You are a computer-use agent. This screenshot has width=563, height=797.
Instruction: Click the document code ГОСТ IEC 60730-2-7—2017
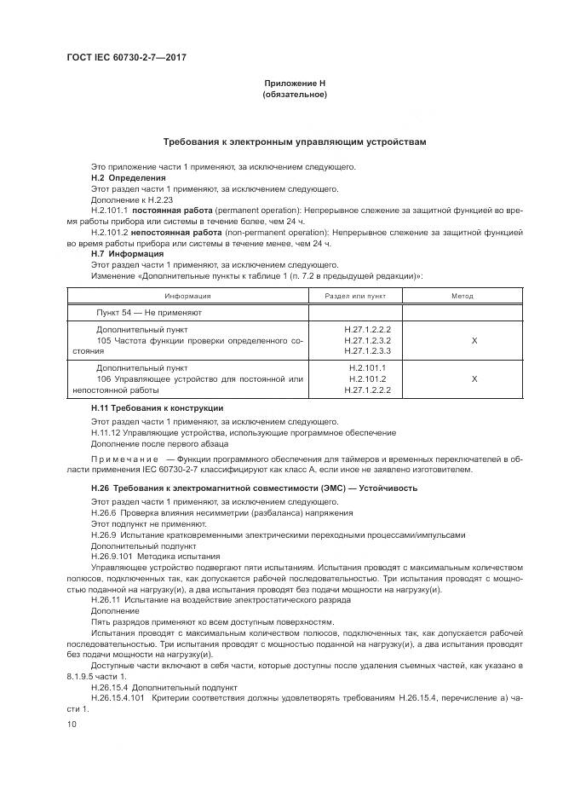click(125, 57)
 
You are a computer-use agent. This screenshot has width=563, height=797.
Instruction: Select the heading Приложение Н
click(294, 84)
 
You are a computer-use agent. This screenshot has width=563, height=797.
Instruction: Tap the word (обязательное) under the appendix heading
click(294, 95)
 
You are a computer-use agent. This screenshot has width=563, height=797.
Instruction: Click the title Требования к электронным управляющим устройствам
click(294, 141)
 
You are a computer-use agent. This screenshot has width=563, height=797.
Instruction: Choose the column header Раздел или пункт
click(355, 296)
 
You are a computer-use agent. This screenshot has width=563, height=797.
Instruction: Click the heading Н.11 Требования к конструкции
click(157, 409)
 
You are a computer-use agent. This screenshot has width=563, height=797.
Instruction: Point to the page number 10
click(72, 724)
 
